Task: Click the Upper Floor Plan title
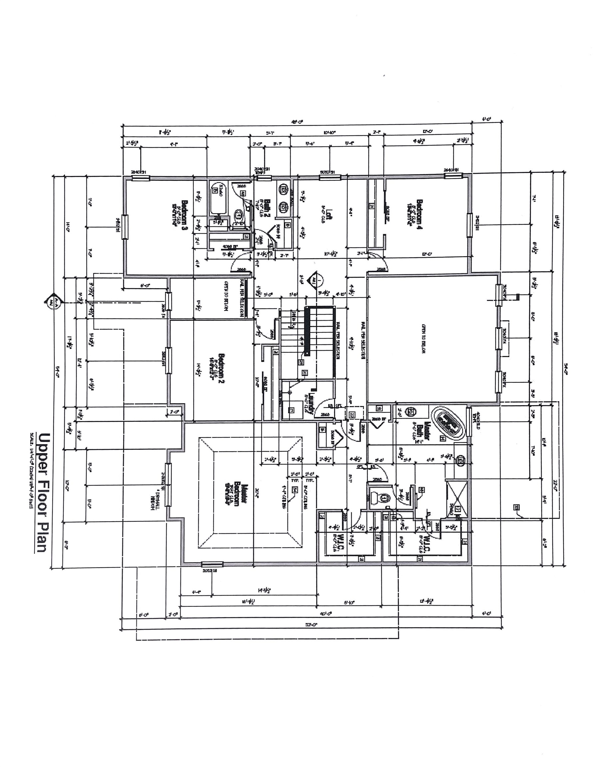pos(44,493)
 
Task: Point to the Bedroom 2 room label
pos(222,369)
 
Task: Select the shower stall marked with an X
pos(457,499)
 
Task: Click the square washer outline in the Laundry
pos(293,409)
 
